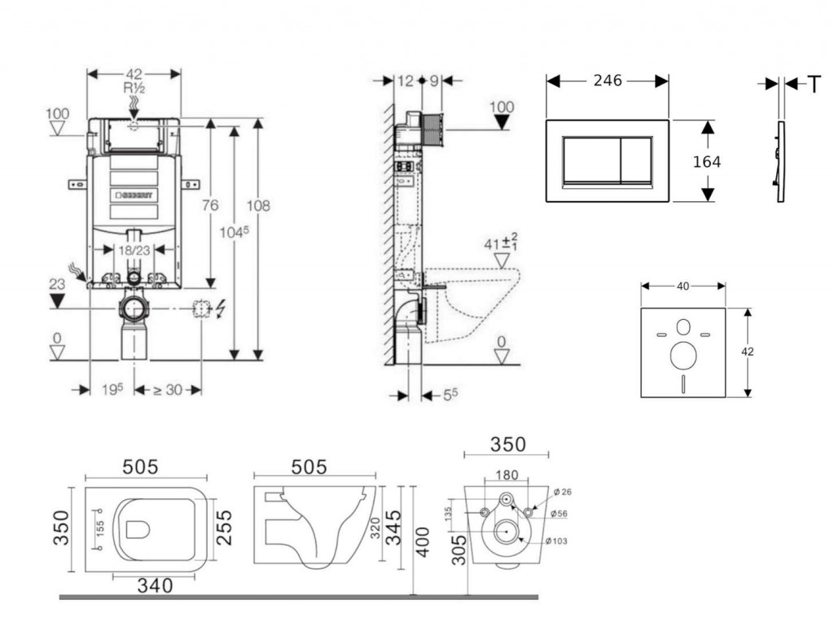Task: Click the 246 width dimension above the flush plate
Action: tap(607, 81)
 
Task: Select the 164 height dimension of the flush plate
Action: tap(706, 162)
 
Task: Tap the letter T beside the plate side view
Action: tap(814, 84)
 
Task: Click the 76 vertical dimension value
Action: tap(210, 206)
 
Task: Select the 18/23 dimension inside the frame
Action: tap(133, 251)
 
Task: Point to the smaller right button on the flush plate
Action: tap(637, 160)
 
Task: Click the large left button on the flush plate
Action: tap(592, 160)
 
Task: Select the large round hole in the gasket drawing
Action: tap(683, 355)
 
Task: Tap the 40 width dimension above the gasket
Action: tap(683, 286)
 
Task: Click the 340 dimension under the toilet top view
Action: tap(155, 584)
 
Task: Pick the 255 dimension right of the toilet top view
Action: tap(224, 527)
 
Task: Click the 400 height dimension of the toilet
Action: tap(421, 540)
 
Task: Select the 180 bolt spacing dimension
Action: tap(506, 475)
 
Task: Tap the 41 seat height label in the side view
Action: tap(499, 243)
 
